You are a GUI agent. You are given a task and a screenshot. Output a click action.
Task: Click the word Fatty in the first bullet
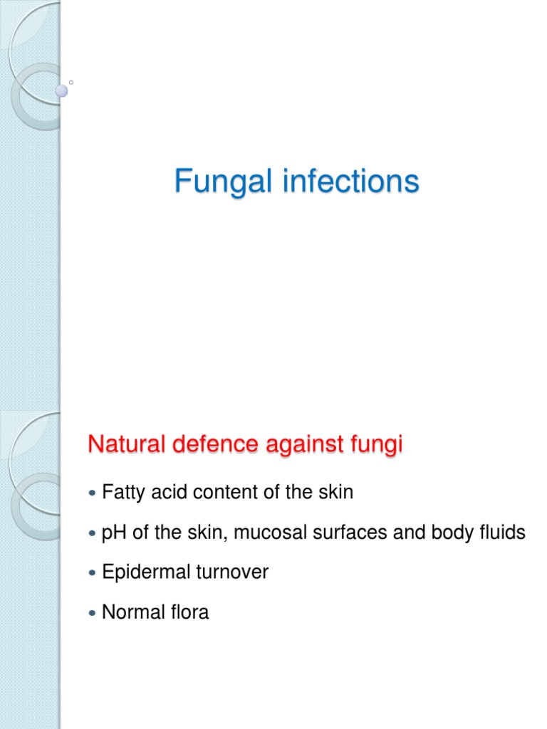tap(123, 492)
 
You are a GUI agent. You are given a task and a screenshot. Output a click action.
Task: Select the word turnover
tap(236, 572)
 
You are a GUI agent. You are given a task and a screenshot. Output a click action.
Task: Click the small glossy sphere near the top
tap(62, 90)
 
